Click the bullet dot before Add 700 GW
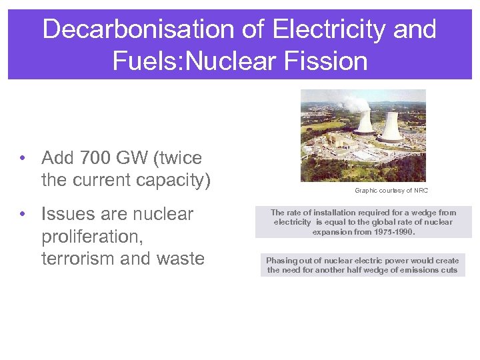23,159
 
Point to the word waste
178,259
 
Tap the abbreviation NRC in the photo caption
420,191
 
